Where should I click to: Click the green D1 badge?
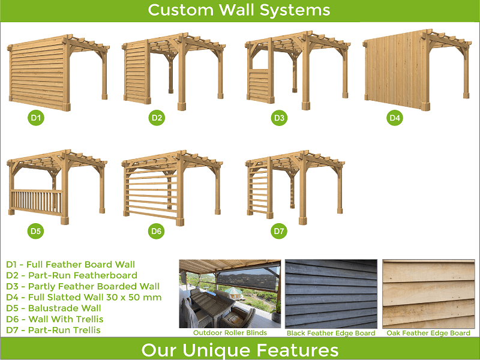point(36,118)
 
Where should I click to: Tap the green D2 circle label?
point(157,118)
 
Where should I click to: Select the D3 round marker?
point(279,118)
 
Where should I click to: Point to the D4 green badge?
point(395,118)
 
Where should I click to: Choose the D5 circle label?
point(35,231)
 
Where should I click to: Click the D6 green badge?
point(156,231)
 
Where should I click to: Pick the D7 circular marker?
point(279,231)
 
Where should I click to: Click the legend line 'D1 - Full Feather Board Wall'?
point(70,265)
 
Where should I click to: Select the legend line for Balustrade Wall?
point(53,308)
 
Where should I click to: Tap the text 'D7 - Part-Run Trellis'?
point(53,330)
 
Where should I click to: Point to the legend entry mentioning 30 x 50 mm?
point(83,297)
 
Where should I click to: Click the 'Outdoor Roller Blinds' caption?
point(230,333)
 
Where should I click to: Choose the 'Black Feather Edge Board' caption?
point(331,333)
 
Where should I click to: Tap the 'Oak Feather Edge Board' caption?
point(428,333)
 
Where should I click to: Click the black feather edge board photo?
point(331,294)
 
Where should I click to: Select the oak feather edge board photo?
point(428,294)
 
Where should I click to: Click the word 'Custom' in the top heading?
point(181,10)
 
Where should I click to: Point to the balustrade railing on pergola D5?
point(37,202)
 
